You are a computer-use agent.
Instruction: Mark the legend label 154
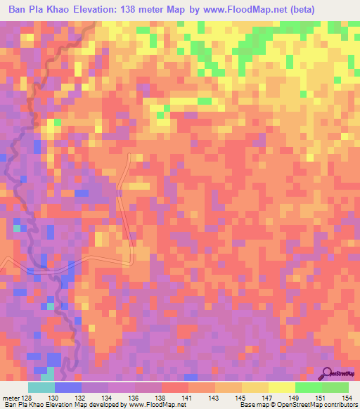pyautogui.click(x=346, y=398)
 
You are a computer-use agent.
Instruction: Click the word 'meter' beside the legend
pyautogui.click(x=12, y=398)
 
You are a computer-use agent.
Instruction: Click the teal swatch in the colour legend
pyautogui.click(x=41, y=387)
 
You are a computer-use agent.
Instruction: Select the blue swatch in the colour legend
pyautogui.click(x=68, y=387)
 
